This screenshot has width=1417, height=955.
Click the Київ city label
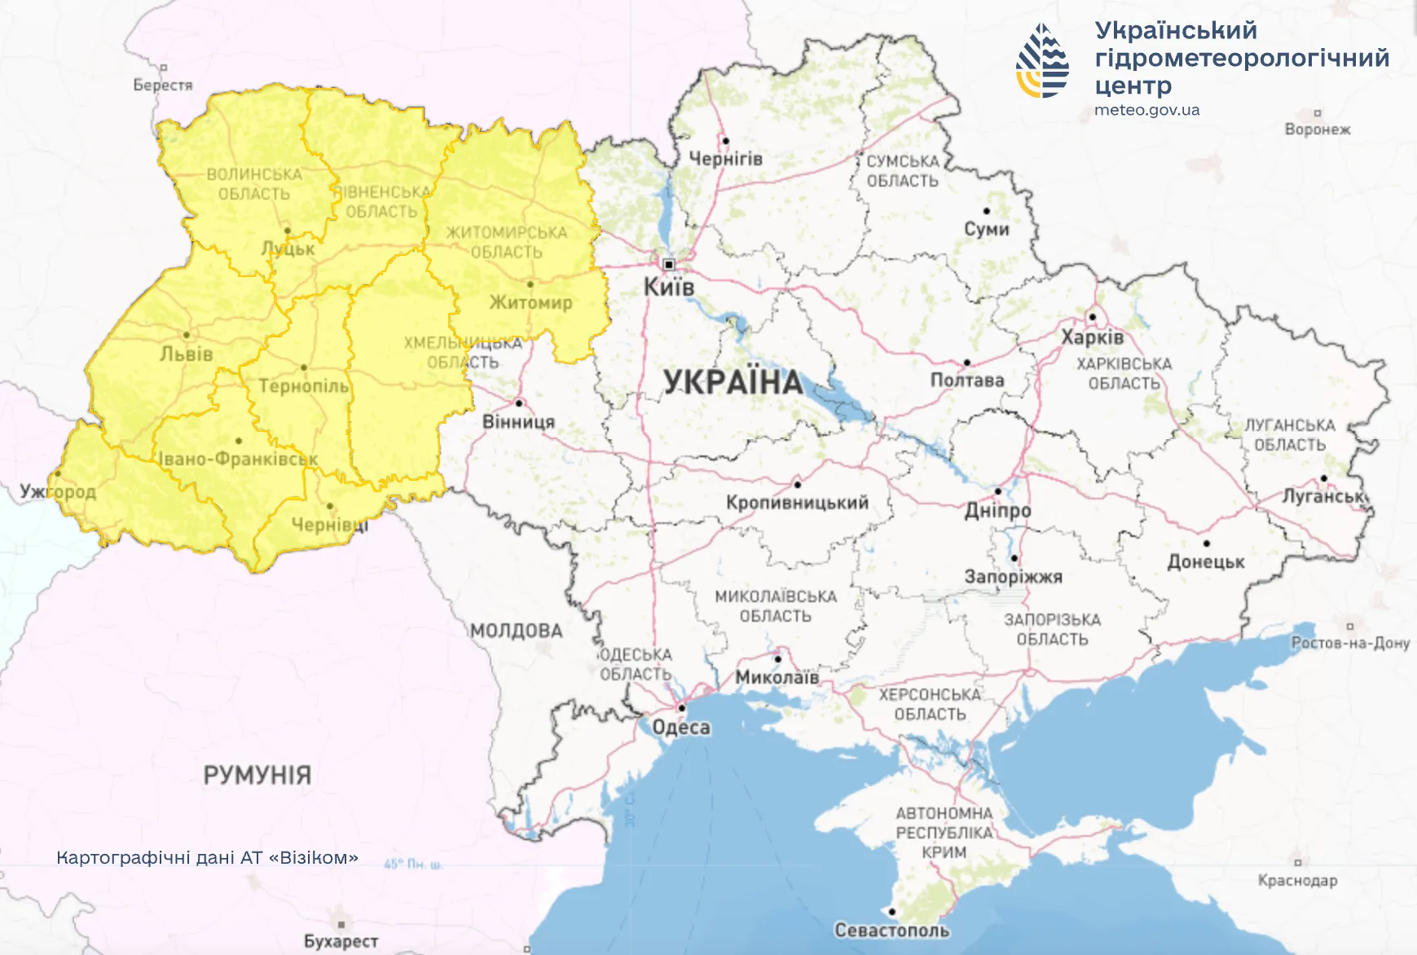(669, 287)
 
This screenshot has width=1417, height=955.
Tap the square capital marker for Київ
(669, 264)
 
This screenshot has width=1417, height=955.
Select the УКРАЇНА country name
(733, 382)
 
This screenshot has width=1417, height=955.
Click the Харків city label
(1092, 337)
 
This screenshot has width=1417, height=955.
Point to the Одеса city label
(681, 727)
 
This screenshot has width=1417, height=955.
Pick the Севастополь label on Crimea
(891, 930)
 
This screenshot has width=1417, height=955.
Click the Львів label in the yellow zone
(187, 354)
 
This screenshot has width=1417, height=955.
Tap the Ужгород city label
(58, 491)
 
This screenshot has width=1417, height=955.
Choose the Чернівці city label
(330, 525)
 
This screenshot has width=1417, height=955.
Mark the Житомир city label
(530, 302)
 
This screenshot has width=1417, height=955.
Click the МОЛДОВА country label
(516, 631)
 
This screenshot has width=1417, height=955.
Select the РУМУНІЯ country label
(257, 774)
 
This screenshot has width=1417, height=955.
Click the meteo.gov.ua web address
(1146, 110)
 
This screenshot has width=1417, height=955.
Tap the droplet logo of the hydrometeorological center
(1042, 61)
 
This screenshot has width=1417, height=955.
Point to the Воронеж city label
(1317, 130)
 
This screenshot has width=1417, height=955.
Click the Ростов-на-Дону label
(1350, 643)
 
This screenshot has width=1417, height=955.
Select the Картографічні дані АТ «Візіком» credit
(207, 858)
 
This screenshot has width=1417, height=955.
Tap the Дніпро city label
(997, 511)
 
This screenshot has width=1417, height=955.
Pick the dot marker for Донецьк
(1206, 544)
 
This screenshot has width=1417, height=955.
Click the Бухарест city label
(341, 941)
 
